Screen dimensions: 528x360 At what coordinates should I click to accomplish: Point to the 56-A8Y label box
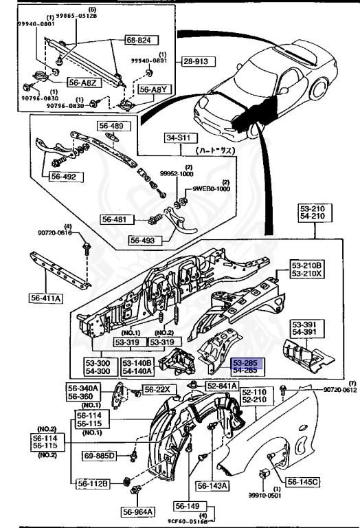pyautogui.click(x=153, y=89)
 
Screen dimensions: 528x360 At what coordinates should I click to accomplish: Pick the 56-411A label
pyautogui.click(x=46, y=298)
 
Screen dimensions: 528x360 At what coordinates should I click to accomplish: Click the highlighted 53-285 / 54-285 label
pyautogui.click(x=246, y=366)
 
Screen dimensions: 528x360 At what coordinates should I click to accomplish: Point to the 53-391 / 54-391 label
pyautogui.click(x=305, y=327)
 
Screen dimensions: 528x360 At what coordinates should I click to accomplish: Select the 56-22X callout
pyautogui.click(x=161, y=390)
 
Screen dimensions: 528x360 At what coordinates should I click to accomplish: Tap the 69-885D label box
pyautogui.click(x=101, y=455)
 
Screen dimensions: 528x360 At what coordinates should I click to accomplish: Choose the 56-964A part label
pyautogui.click(x=139, y=511)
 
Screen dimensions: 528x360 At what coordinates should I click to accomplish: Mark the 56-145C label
pyautogui.click(x=302, y=482)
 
